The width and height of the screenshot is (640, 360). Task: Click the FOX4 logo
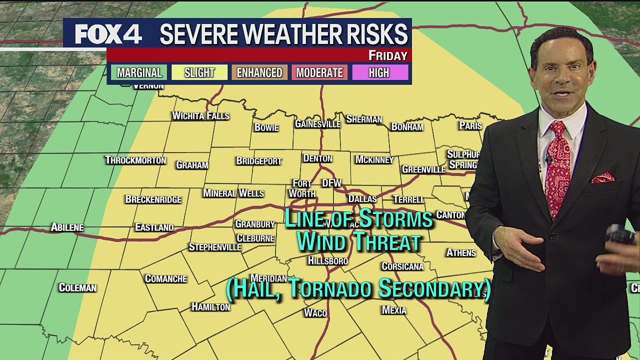108,34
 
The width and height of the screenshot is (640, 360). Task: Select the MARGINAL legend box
139,72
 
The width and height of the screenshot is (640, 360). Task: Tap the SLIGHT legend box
199,72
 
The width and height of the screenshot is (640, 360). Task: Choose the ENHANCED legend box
259,72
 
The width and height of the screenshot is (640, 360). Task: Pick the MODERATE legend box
319,72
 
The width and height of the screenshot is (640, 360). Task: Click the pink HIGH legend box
379,72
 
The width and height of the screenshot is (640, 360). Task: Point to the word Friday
388,55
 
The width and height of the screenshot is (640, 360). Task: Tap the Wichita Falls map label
200,116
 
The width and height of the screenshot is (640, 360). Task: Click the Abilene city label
67,227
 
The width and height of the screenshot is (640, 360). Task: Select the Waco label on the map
315,313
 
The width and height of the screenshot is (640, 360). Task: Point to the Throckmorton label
135,160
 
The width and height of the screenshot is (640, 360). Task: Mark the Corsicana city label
402,266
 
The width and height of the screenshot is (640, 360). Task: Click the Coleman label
77,287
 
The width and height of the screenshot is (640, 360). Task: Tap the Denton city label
317,158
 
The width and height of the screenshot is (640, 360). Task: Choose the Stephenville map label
214,247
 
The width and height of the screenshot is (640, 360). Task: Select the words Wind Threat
358,242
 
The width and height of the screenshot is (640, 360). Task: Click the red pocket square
602,177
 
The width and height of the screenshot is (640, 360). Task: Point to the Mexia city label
394,310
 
